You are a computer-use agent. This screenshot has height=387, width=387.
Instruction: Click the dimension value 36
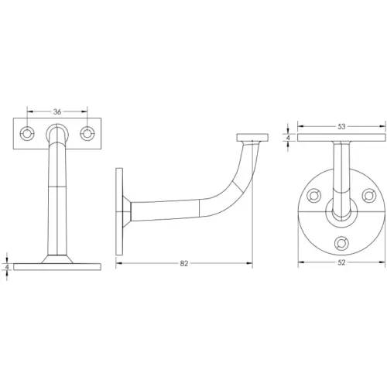pyautogui.click(x=57, y=111)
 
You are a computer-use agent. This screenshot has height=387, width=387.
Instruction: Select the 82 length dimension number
pyautogui.click(x=183, y=264)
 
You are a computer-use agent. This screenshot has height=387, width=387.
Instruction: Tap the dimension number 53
pyautogui.click(x=341, y=126)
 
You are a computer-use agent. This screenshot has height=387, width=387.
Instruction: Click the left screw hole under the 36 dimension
pyautogui.click(x=29, y=132)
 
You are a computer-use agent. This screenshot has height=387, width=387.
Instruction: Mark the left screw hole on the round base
pyautogui.click(x=313, y=196)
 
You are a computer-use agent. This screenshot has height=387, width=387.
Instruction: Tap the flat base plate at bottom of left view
pyautogui.click(x=57, y=265)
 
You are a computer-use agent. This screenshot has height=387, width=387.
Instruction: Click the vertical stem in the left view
pyautogui.click(x=57, y=201)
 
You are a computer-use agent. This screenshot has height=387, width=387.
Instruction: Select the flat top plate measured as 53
pyautogui.click(x=341, y=139)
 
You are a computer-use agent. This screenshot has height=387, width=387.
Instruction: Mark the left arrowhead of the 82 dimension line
pyautogui.click(x=118, y=264)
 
